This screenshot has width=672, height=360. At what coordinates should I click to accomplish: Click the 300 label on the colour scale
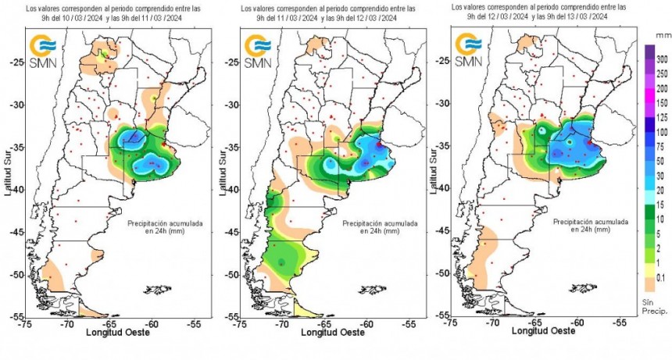pos(661,59)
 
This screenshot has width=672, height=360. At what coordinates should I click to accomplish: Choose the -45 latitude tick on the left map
pos(16,231)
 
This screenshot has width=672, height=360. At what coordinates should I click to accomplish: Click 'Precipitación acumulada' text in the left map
pos(165,223)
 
